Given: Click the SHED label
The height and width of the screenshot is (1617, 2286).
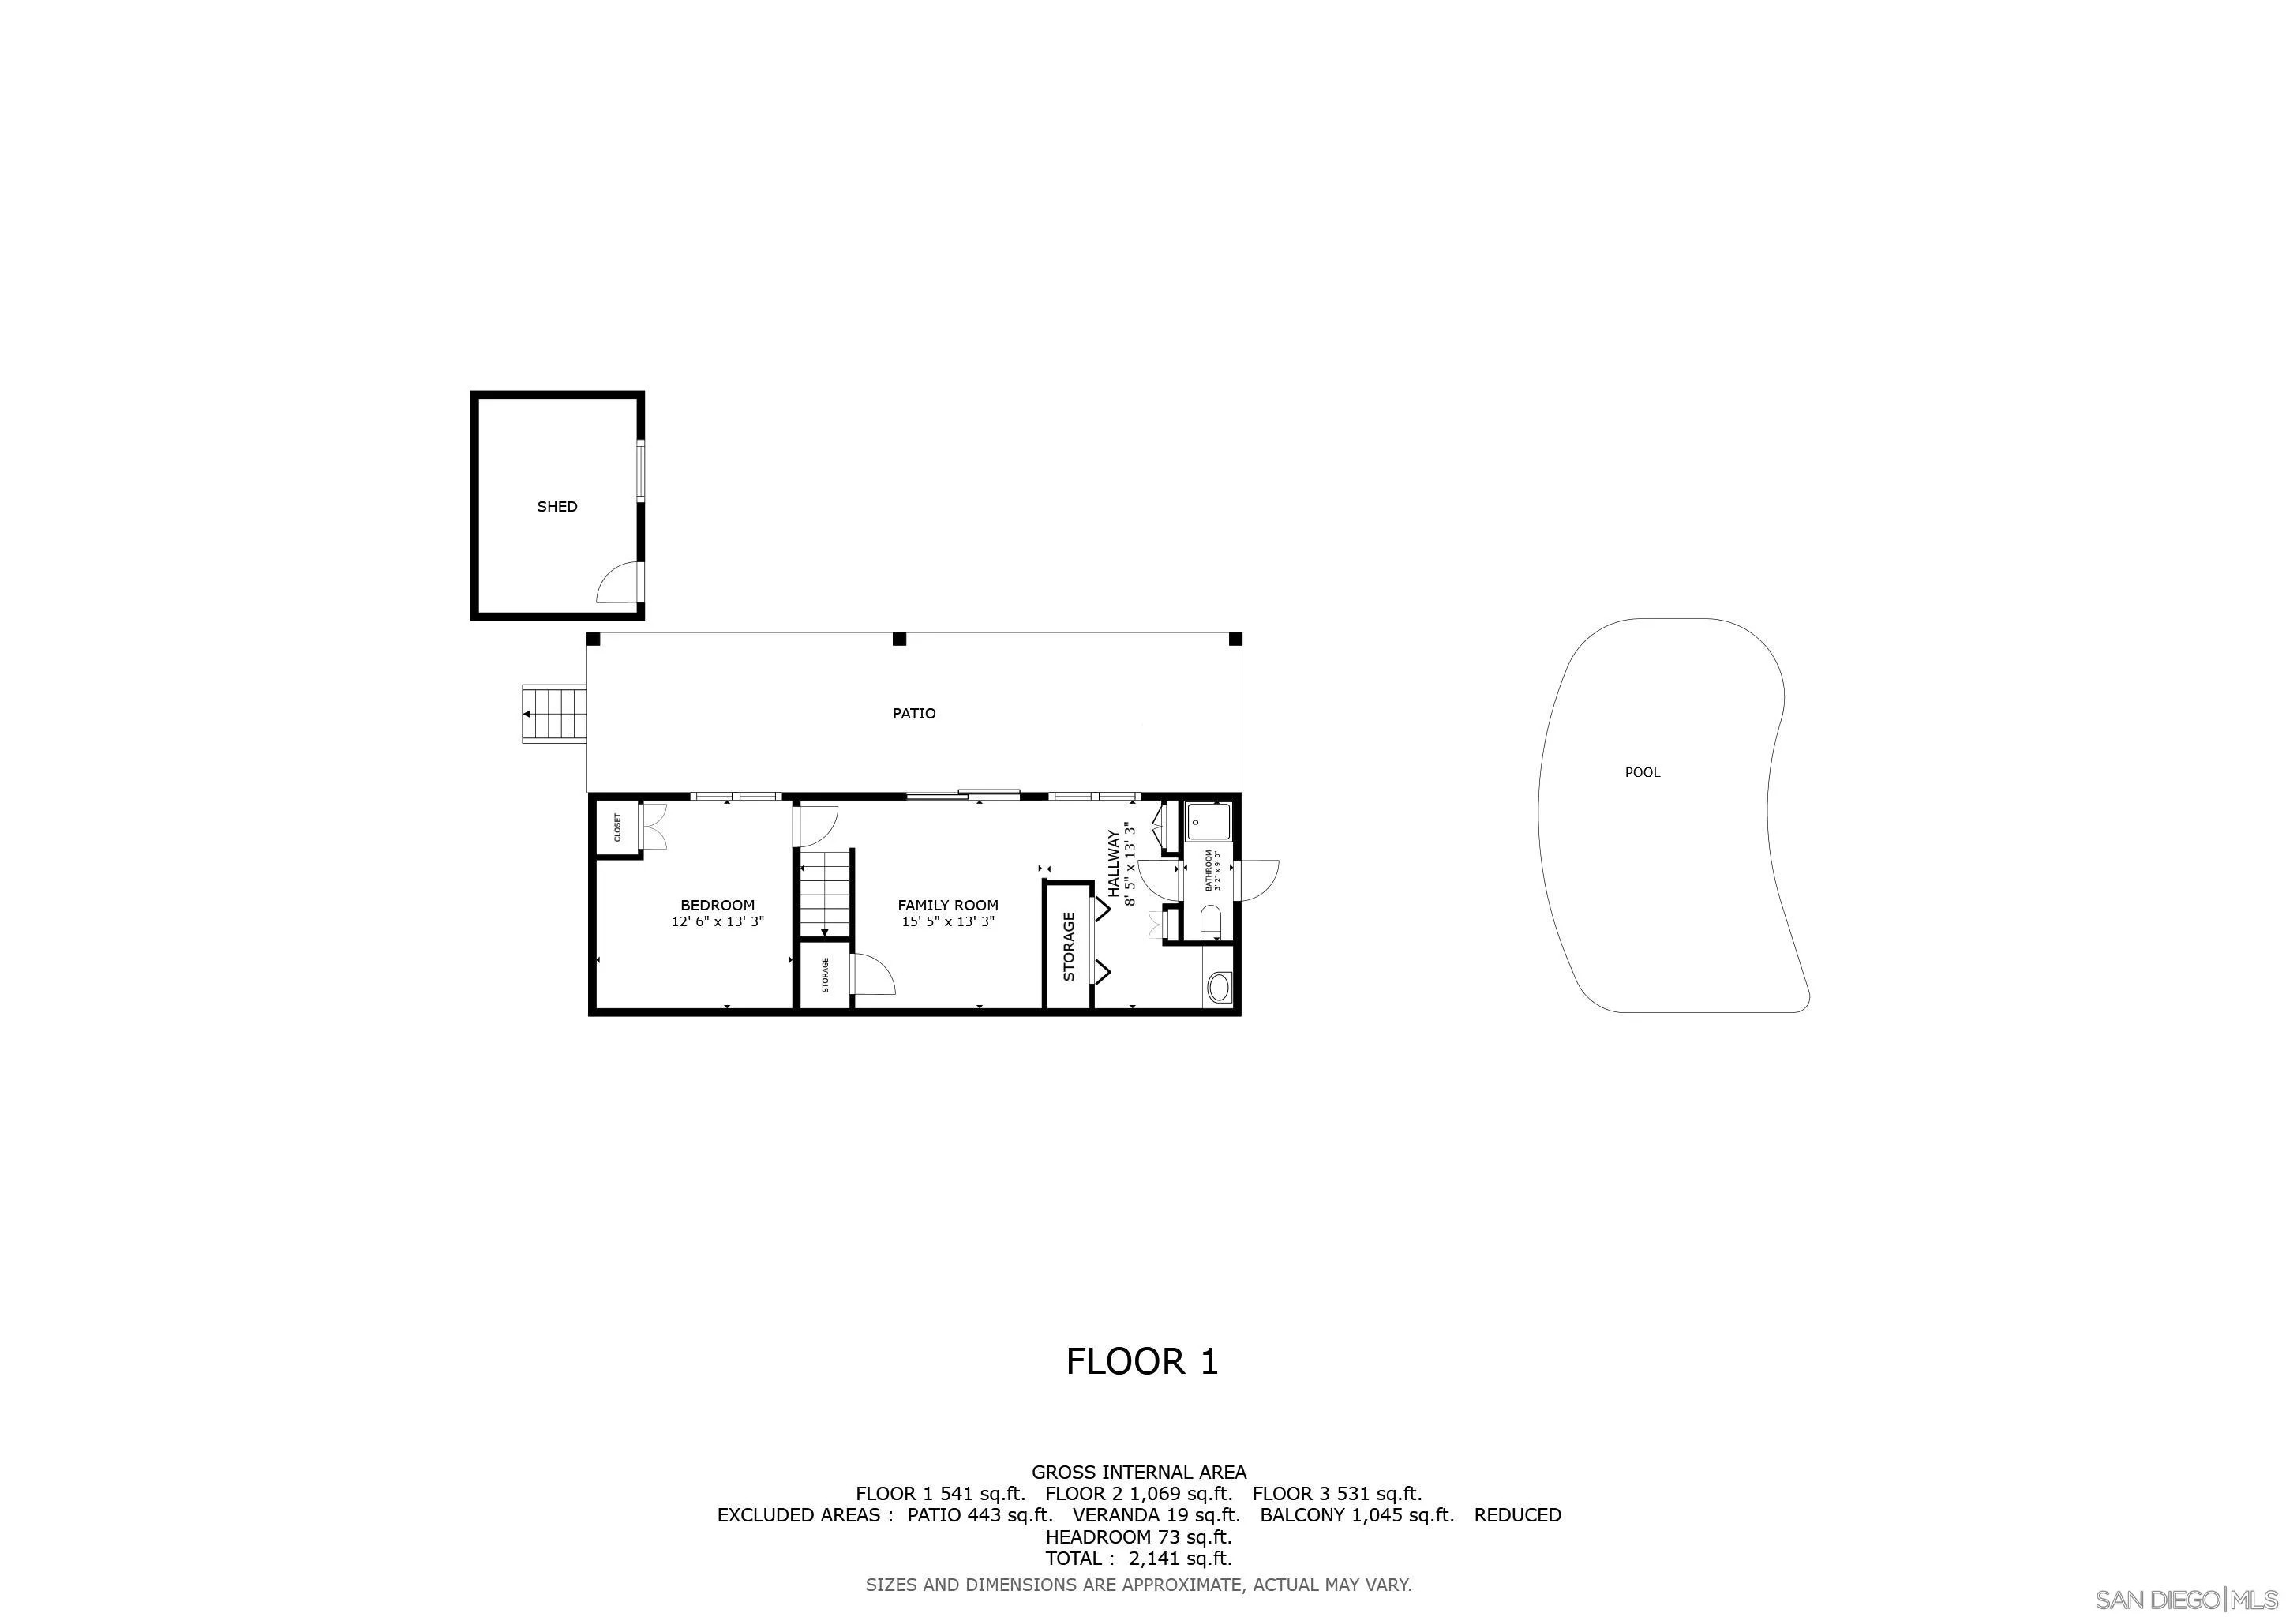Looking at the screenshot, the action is (x=557, y=507).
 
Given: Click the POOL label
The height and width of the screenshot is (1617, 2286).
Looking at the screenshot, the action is (x=1642, y=773).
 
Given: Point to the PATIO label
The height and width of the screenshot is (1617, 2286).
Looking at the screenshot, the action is (x=914, y=714).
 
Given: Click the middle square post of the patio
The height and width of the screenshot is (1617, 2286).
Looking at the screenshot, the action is (x=899, y=640).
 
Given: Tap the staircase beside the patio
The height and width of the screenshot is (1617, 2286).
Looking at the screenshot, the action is (x=555, y=714).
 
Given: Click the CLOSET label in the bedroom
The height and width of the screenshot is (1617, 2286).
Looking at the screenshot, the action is (x=617, y=827).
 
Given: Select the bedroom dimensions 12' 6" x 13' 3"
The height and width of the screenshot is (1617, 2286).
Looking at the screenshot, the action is (x=717, y=922).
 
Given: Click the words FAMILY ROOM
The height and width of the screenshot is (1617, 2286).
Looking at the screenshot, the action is (x=948, y=905).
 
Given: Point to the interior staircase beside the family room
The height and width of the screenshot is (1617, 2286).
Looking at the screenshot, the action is (x=826, y=893).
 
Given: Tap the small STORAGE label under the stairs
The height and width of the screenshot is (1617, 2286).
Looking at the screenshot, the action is (x=826, y=975).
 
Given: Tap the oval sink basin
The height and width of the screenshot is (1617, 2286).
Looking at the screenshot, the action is (x=1219, y=989).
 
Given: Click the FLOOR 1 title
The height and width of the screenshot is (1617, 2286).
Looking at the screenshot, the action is (x=1142, y=1362).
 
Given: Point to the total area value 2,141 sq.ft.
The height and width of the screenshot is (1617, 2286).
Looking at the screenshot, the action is (x=1180, y=1559).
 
